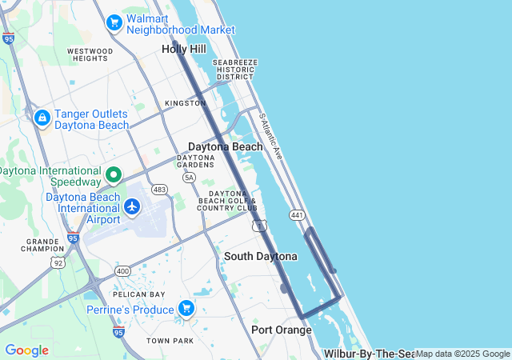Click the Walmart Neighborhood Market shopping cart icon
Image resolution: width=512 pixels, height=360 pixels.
click(x=114, y=22)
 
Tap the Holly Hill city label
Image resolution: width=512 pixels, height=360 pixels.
click(x=184, y=49)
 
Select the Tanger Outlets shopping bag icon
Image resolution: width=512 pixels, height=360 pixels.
click(x=41, y=119)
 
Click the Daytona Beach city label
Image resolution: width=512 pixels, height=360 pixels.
click(x=225, y=146)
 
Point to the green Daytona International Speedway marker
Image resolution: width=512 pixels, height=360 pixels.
click(x=114, y=174)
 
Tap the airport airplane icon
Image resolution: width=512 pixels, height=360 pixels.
click(x=132, y=207)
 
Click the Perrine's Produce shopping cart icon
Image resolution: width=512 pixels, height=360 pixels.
click(x=186, y=308)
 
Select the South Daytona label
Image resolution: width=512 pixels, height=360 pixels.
click(x=260, y=256)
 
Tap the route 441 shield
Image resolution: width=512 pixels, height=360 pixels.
click(x=298, y=215)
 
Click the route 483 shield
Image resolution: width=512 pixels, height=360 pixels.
click(x=160, y=190)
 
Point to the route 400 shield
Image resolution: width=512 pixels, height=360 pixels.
click(x=122, y=272)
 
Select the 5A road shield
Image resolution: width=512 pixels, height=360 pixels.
click(x=189, y=177)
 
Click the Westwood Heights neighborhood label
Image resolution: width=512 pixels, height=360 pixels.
click(x=89, y=54)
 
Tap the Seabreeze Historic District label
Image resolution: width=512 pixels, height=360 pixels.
click(x=234, y=70)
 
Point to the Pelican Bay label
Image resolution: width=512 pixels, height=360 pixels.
click(x=133, y=294)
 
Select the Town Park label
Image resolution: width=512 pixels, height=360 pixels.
click(x=170, y=341)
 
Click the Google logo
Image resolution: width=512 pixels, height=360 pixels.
click(x=26, y=350)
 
